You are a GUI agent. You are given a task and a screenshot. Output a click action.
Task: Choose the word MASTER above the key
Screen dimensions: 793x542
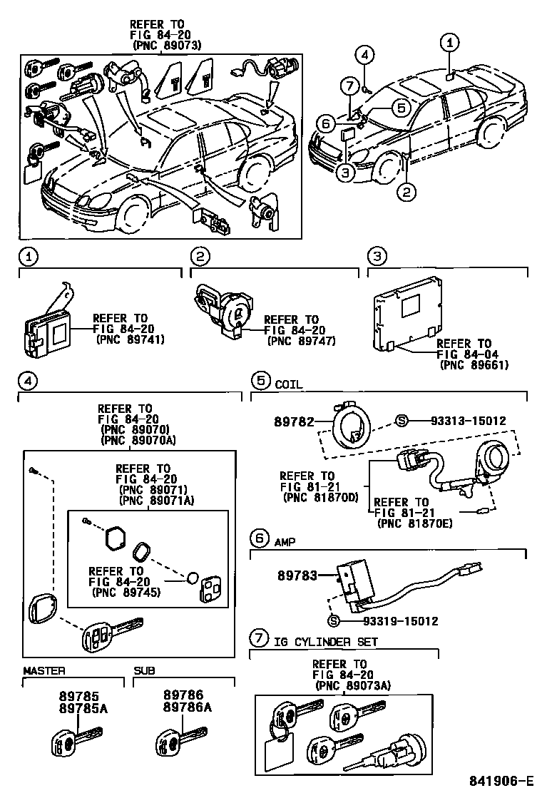click(x=44, y=671)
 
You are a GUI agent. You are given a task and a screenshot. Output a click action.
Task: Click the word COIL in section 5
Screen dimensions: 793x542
click(x=289, y=384)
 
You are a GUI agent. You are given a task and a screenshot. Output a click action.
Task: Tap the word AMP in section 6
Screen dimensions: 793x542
click(x=285, y=542)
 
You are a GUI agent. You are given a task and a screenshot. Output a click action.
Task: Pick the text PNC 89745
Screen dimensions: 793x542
click(x=126, y=592)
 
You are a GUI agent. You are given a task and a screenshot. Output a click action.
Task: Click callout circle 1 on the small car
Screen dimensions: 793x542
click(x=449, y=43)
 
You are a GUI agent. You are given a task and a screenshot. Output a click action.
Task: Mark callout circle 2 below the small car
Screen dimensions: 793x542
click(x=406, y=190)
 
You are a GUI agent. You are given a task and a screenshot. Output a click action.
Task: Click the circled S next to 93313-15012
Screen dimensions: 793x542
click(x=401, y=421)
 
